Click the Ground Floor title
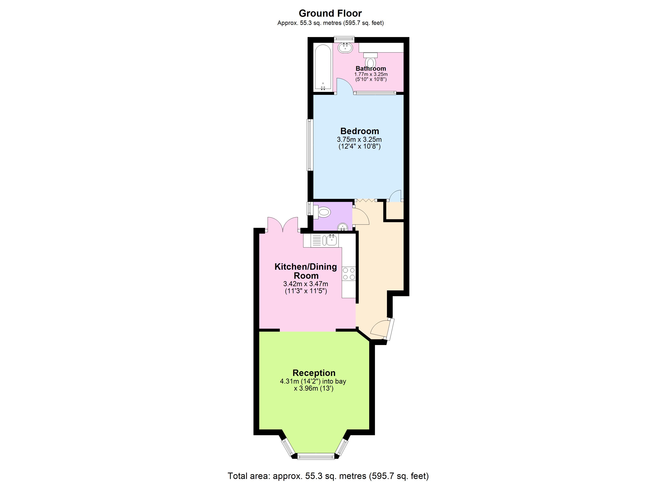tap(330, 13)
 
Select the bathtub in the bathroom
tap(323, 67)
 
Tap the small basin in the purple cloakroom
tap(343, 227)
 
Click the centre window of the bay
tap(316, 456)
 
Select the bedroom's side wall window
tap(310, 145)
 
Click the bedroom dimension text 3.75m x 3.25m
tap(359, 139)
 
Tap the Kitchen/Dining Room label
tap(306, 271)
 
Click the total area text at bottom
tap(328, 476)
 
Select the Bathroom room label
tap(371, 68)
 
